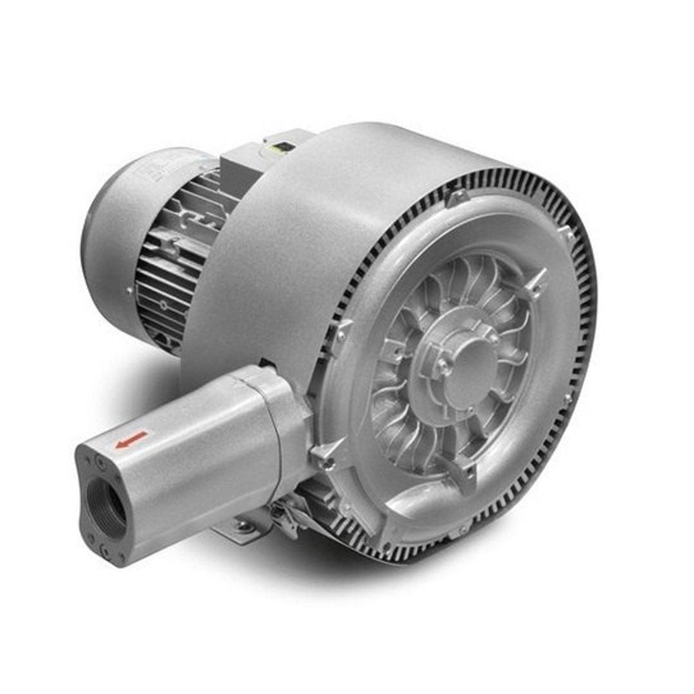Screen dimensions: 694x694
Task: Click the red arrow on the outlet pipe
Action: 131,440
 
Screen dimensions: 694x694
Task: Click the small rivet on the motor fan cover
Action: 129,290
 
